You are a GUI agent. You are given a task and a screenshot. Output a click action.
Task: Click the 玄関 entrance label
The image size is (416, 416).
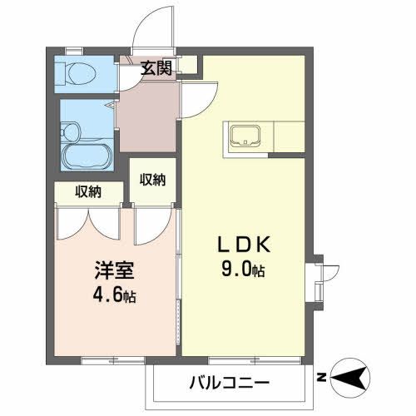pyautogui.click(x=156, y=68)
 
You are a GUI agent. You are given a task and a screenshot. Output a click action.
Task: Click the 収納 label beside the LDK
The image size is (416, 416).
pyautogui.click(x=152, y=179)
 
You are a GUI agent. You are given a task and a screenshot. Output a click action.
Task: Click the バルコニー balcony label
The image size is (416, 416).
pyautogui.click(x=228, y=384)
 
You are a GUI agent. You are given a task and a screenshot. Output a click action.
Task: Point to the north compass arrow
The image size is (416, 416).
pyautogui.click(x=353, y=379)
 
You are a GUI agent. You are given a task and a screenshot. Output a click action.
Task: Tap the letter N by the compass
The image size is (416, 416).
pyautogui.click(x=321, y=379)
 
